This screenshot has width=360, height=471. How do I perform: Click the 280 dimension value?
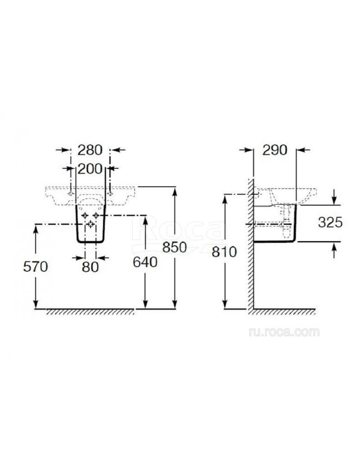(x=90, y=150)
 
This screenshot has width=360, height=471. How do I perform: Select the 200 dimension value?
(x=90, y=169)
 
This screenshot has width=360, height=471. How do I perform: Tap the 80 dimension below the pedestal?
(x=90, y=266)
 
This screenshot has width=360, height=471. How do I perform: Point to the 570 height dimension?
(x=36, y=266)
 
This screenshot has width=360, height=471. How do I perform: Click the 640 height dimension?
(x=145, y=262)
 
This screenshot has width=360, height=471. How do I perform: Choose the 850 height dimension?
(x=175, y=247)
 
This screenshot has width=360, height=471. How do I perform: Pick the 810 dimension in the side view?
(x=224, y=252)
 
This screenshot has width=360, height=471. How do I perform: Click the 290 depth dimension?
(x=274, y=150)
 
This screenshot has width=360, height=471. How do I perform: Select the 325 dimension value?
(x=330, y=222)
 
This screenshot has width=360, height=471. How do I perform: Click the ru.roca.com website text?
(x=284, y=332)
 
